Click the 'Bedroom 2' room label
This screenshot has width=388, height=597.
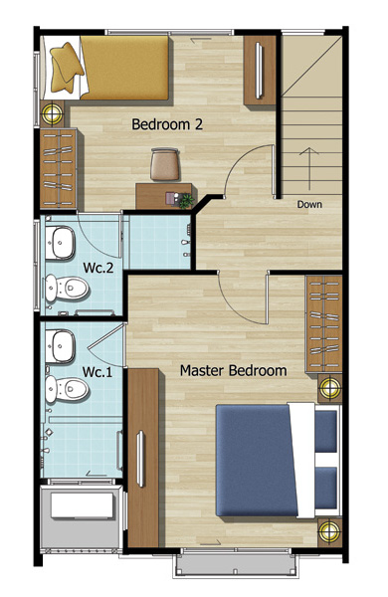[x=167, y=124]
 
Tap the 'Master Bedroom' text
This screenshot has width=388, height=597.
[x=233, y=370]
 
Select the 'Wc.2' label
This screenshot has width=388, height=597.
[x=98, y=268]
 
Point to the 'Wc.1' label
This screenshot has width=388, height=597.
[x=97, y=372]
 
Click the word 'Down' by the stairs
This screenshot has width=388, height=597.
[x=309, y=204]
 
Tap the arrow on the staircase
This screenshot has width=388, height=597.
[x=309, y=169]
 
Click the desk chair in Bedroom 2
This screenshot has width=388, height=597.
[x=164, y=164]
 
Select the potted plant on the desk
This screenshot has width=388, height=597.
[x=186, y=201]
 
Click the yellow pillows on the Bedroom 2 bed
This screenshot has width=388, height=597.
[x=66, y=68]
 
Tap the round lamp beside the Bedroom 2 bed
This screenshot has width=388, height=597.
[x=52, y=112]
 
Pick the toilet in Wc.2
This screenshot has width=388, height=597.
[x=66, y=289]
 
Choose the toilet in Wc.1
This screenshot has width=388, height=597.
[x=67, y=389]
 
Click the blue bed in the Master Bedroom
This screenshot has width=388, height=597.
[x=278, y=461]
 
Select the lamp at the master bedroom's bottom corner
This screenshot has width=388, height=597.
[x=329, y=531]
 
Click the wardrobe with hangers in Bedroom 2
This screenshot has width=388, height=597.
[x=59, y=168]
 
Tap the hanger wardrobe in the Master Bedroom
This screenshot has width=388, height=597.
[x=324, y=323]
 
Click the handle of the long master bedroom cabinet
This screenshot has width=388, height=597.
[x=140, y=459]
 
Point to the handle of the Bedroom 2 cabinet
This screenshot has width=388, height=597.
[x=260, y=71]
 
